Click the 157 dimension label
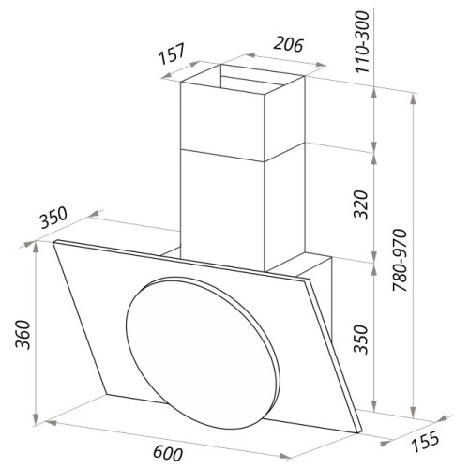172,53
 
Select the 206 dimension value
288,44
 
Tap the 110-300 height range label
362,41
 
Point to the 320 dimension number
361,204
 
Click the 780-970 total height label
401,260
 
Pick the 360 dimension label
23,334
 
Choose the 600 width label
168,453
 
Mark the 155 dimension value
425,441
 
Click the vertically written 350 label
361,340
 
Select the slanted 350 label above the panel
53,218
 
